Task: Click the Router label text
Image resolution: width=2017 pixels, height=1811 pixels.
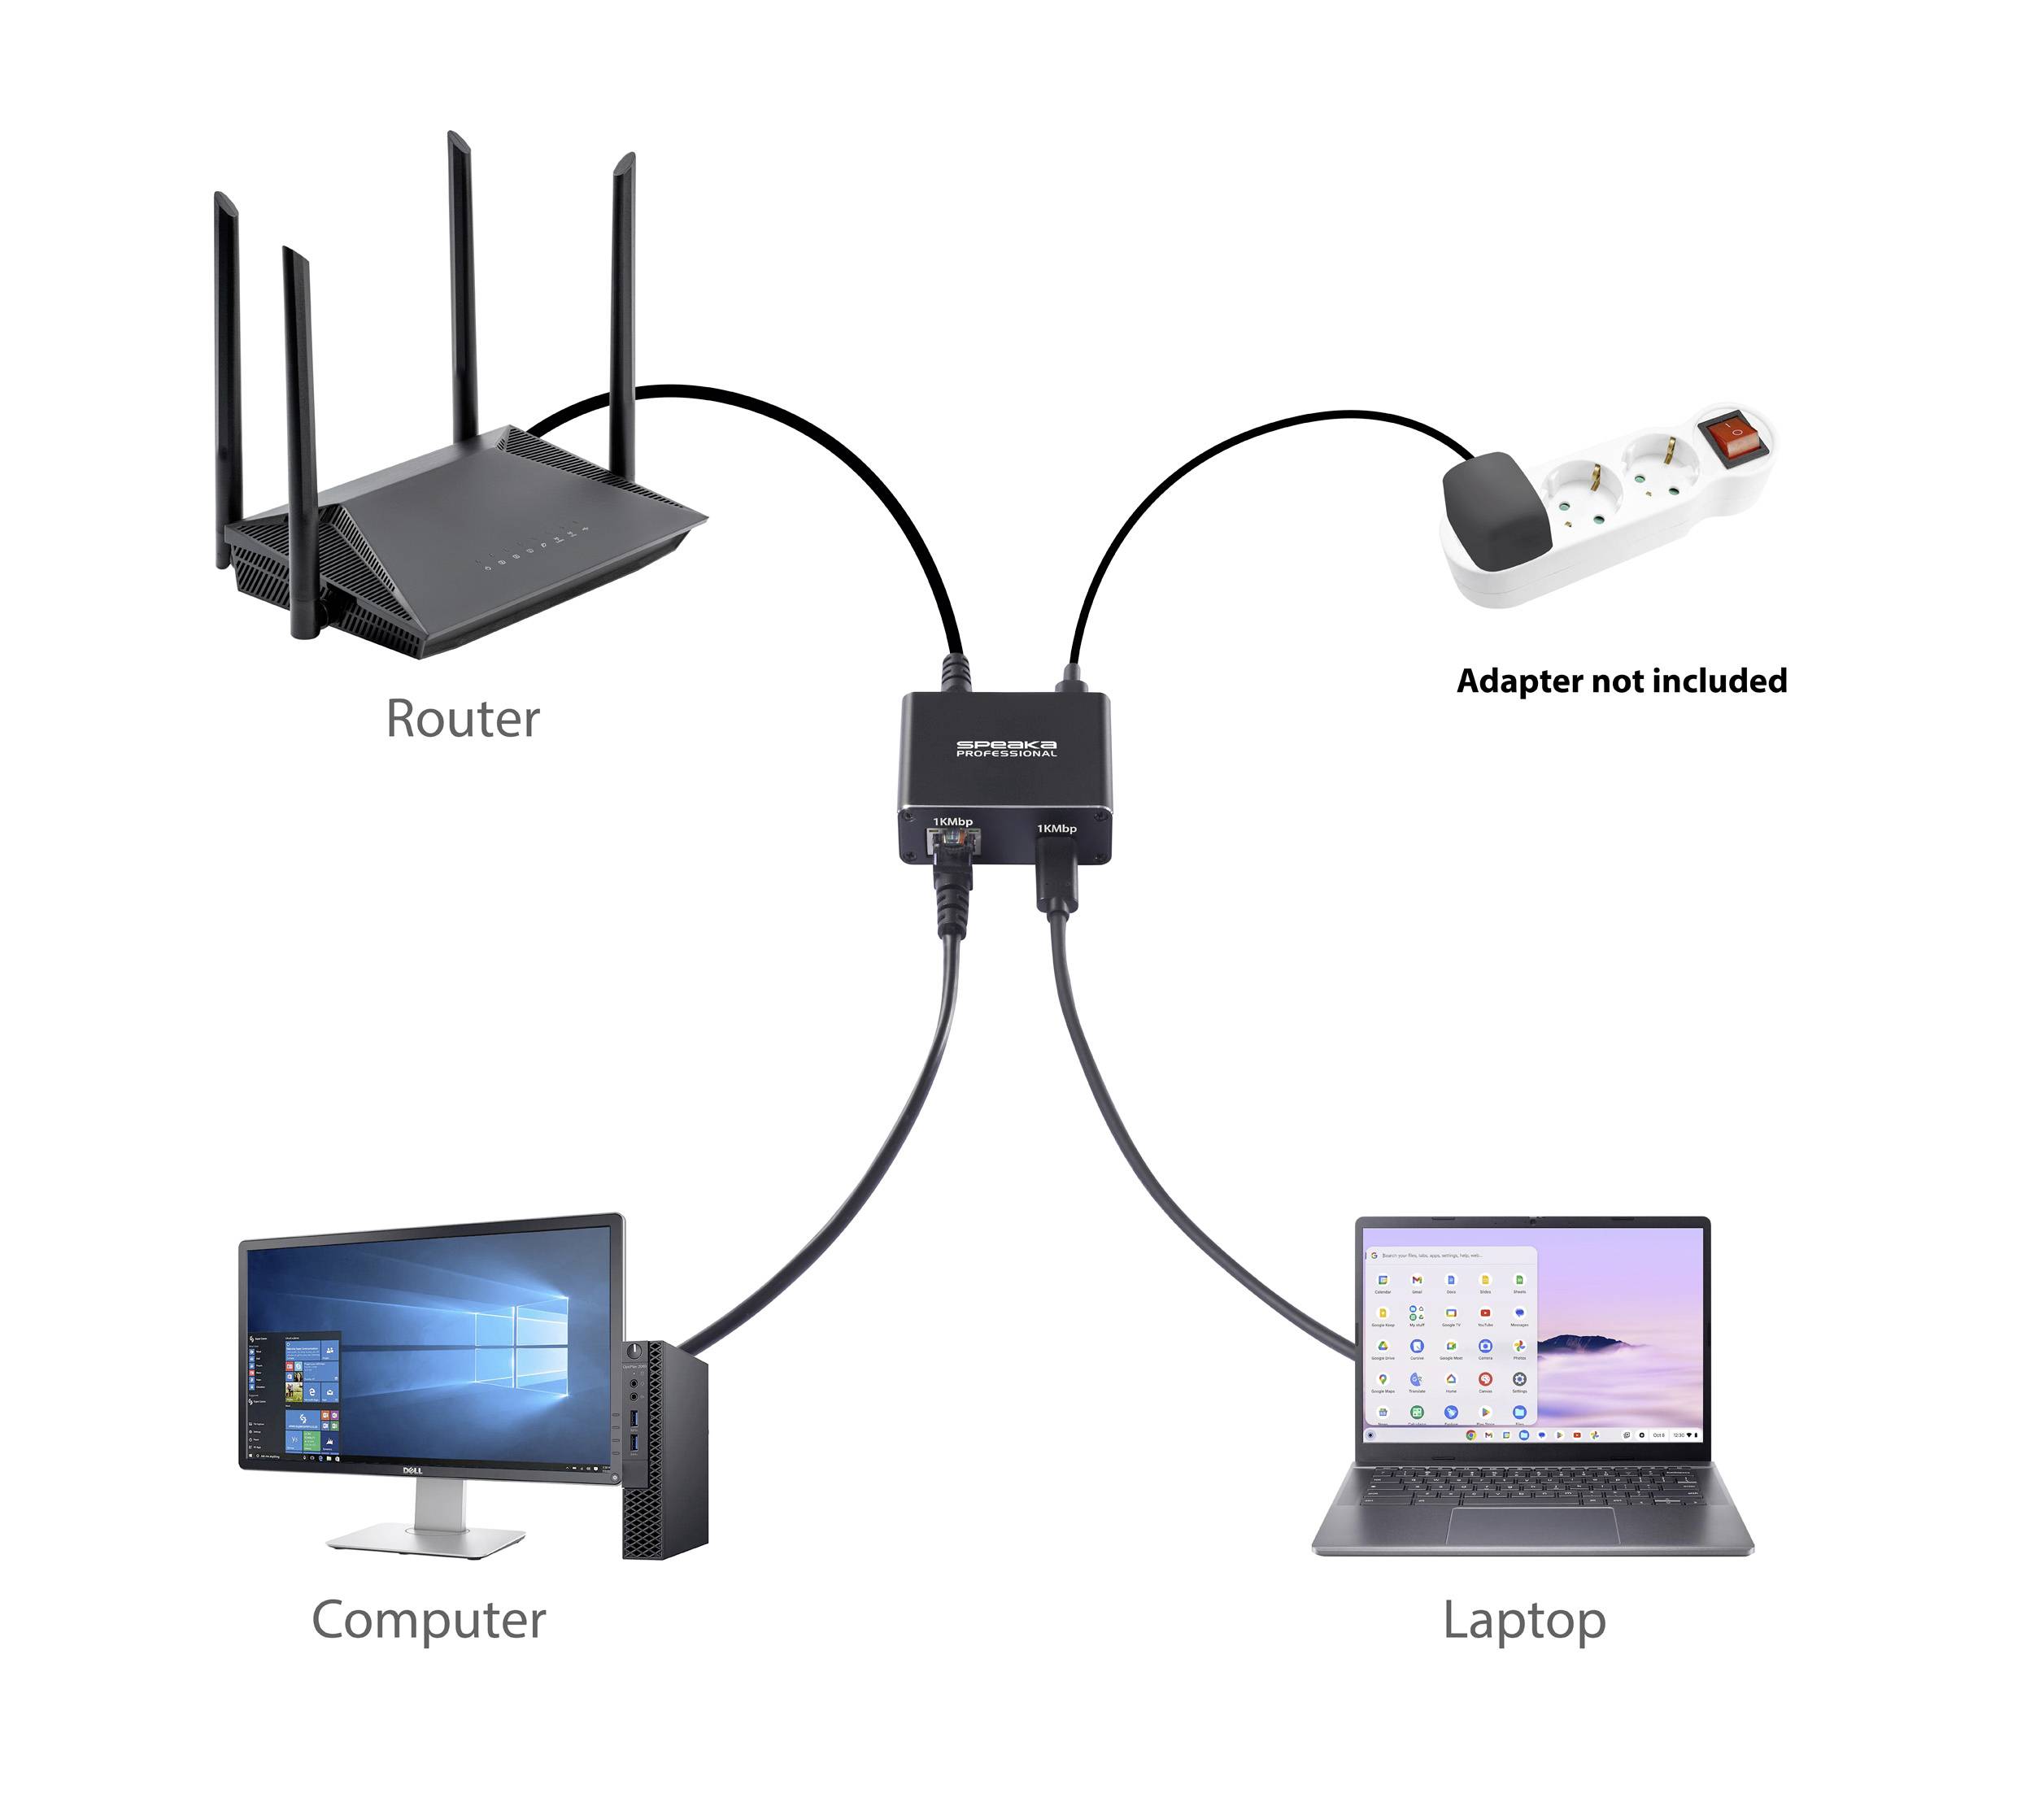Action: coord(462,720)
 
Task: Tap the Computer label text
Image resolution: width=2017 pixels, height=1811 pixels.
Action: coord(428,1620)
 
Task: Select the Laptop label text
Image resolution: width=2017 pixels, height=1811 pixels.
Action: coord(1523,1621)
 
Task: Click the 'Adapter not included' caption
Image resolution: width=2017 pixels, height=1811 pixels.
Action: coord(1621,681)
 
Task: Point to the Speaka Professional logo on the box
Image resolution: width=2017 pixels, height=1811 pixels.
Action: coord(1005,748)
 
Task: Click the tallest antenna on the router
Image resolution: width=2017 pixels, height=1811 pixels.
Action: coord(460,279)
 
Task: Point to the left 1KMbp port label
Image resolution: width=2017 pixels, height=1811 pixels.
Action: coord(952,822)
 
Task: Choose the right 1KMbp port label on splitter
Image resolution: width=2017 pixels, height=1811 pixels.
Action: coord(1056,828)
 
